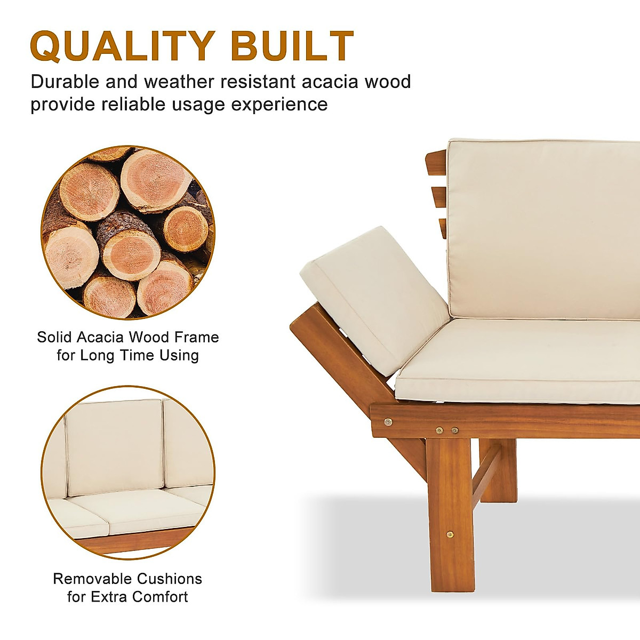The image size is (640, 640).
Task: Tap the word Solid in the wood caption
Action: pyautogui.click(x=54, y=337)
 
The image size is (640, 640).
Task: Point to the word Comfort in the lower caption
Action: pyautogui.click(x=160, y=596)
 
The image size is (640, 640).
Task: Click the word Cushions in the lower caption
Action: pyautogui.click(x=170, y=579)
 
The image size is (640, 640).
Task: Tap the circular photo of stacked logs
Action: pyautogui.click(x=127, y=233)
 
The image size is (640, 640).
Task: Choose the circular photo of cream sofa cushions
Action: pyautogui.click(x=127, y=472)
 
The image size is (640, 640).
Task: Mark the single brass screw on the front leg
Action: pyautogui.click(x=450, y=533)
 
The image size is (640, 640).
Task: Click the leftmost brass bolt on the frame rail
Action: pyautogui.click(x=388, y=422)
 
